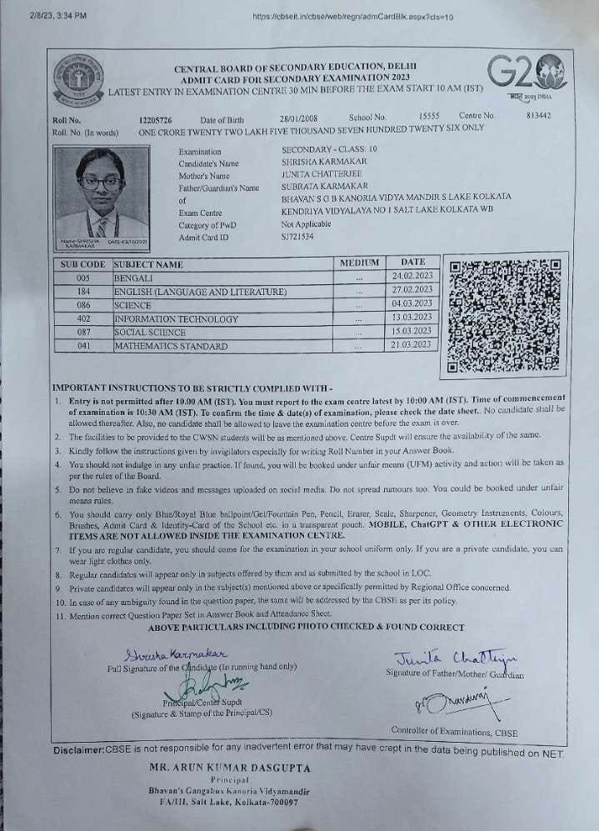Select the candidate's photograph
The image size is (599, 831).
pyautogui.click(x=97, y=197)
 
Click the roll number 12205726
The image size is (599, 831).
pyautogui.click(x=156, y=119)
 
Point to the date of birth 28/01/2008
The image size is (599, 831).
pyautogui.click(x=298, y=118)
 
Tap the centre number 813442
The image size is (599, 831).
pyautogui.click(x=539, y=116)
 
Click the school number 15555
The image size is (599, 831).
pyautogui.click(x=429, y=117)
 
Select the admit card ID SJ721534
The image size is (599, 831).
pyautogui.click(x=299, y=238)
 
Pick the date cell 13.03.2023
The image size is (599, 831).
pyautogui.click(x=412, y=317)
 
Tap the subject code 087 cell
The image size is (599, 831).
pyautogui.click(x=82, y=332)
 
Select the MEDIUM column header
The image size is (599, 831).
pyautogui.click(x=360, y=263)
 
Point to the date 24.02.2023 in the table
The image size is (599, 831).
pyautogui.click(x=412, y=275)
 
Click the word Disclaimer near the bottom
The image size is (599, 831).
pyautogui.click(x=79, y=750)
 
